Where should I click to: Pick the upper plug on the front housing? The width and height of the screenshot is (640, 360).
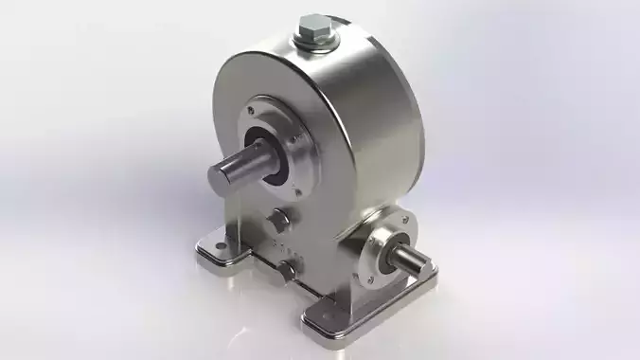(x=278, y=221)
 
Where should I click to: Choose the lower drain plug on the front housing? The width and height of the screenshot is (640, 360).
(x=285, y=275)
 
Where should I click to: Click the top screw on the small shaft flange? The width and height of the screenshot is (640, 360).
(x=390, y=225)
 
